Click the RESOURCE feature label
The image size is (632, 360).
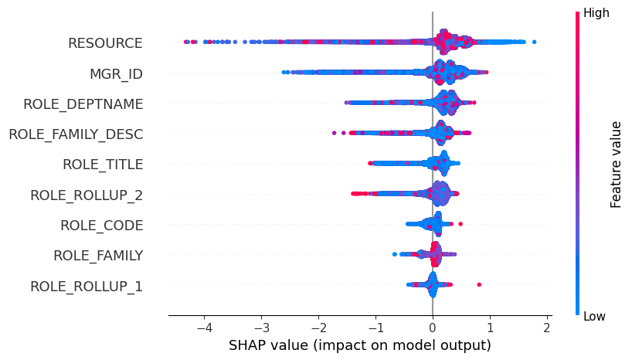click(x=105, y=43)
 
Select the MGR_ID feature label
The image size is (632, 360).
click(x=116, y=74)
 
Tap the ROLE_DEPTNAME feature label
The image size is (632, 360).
click(x=83, y=104)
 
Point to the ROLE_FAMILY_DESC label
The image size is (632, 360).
click(x=76, y=134)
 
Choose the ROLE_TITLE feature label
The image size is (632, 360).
click(x=102, y=165)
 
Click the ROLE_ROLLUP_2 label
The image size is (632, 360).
click(x=87, y=195)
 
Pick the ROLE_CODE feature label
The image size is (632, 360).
click(x=101, y=226)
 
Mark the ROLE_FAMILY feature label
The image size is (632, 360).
click(x=97, y=256)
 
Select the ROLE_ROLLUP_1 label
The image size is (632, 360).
click(x=87, y=287)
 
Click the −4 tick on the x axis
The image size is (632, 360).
click(x=204, y=327)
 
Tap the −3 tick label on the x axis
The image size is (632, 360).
click(x=261, y=327)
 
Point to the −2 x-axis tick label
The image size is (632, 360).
click(x=318, y=327)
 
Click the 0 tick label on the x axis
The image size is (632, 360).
click(x=433, y=327)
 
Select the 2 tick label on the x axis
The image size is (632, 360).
click(x=546, y=327)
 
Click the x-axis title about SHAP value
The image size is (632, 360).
click(x=359, y=345)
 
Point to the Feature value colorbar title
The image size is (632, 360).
click(x=616, y=164)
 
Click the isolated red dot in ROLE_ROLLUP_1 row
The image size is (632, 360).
click(x=479, y=285)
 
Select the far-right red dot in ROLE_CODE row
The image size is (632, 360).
click(x=460, y=224)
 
